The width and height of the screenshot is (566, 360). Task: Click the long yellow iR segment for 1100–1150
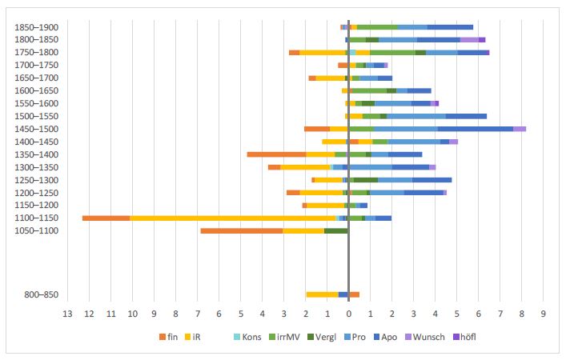tap(232, 218)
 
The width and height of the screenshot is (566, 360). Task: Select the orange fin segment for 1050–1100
tap(242, 230)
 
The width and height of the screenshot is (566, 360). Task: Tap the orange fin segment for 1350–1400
tap(276, 154)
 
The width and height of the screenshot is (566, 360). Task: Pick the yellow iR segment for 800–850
tap(322, 294)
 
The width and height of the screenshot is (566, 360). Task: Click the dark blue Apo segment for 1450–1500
tap(476, 128)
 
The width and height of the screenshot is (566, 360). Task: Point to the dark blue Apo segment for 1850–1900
tap(450, 26)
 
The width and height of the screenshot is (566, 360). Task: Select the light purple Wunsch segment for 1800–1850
tap(469, 39)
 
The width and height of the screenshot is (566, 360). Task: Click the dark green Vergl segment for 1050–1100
tap(336, 230)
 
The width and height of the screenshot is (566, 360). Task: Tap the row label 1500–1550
tap(36, 116)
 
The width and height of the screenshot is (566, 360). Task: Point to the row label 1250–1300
tap(36, 180)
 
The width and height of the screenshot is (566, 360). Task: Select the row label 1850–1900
tap(36, 27)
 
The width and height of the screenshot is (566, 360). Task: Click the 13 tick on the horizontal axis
tap(67, 313)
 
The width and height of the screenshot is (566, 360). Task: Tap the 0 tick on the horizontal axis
tap(349, 313)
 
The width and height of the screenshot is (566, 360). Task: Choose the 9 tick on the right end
tap(544, 313)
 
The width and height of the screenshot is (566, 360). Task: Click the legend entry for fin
tap(168, 336)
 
